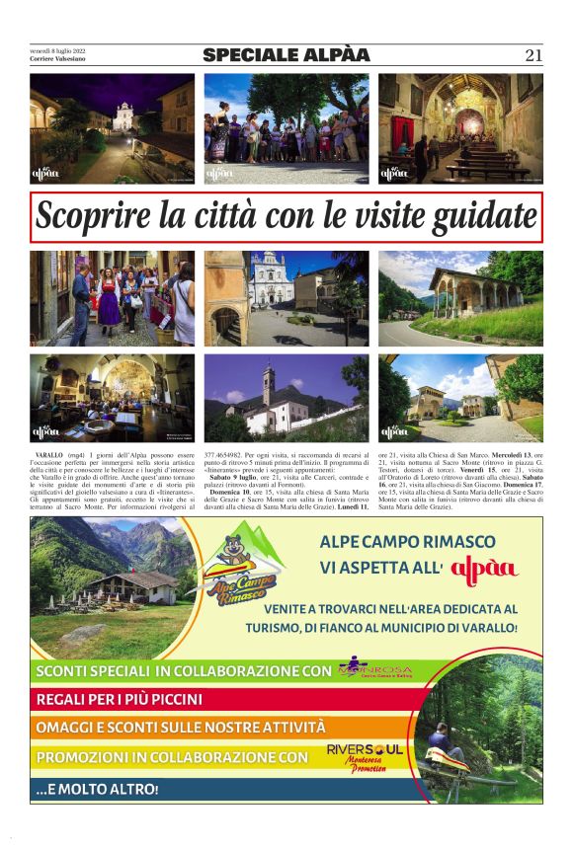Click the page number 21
coord(533,56)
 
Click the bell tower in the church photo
coord(268,384)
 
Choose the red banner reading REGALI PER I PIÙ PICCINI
coord(119,700)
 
